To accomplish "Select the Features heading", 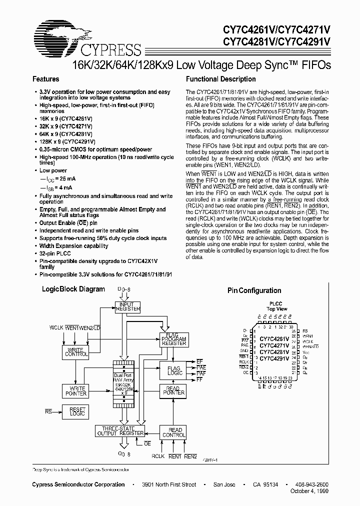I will pyautogui.click(x=45, y=79).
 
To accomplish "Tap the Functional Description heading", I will pyautogui.click(x=220, y=79).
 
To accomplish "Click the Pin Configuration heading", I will pyautogui.click(x=254, y=290).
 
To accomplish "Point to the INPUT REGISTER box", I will pyautogui.click(x=127, y=306).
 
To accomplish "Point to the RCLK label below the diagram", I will pyautogui.click(x=158, y=456).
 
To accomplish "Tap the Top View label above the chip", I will pyautogui.click(x=276, y=309).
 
